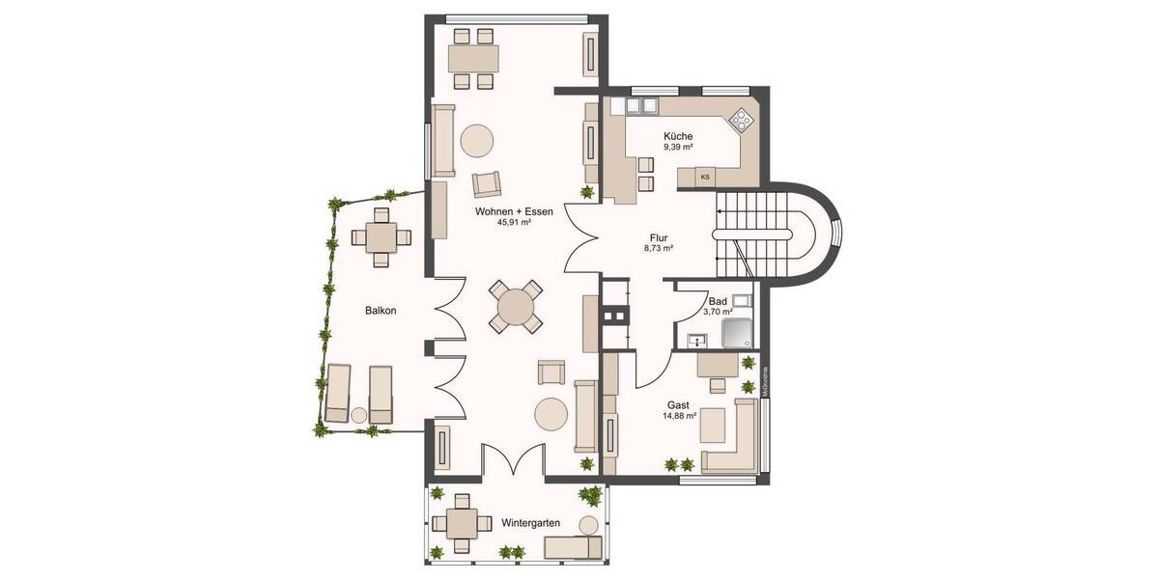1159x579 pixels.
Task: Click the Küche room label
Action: pos(677,136)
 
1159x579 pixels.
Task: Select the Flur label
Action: pos(659,236)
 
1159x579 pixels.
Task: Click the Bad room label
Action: pos(717,301)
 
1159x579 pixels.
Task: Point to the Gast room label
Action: pos(680,405)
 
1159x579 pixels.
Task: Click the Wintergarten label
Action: pos(531,522)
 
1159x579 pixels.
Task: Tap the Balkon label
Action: pos(381,311)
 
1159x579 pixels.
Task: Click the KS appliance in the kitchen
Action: pos(705,177)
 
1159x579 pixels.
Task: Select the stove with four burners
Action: pos(741,121)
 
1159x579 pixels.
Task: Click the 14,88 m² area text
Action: pos(680,417)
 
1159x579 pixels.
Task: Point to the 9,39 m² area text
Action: pos(678,148)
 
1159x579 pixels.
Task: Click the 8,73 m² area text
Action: pos(659,248)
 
